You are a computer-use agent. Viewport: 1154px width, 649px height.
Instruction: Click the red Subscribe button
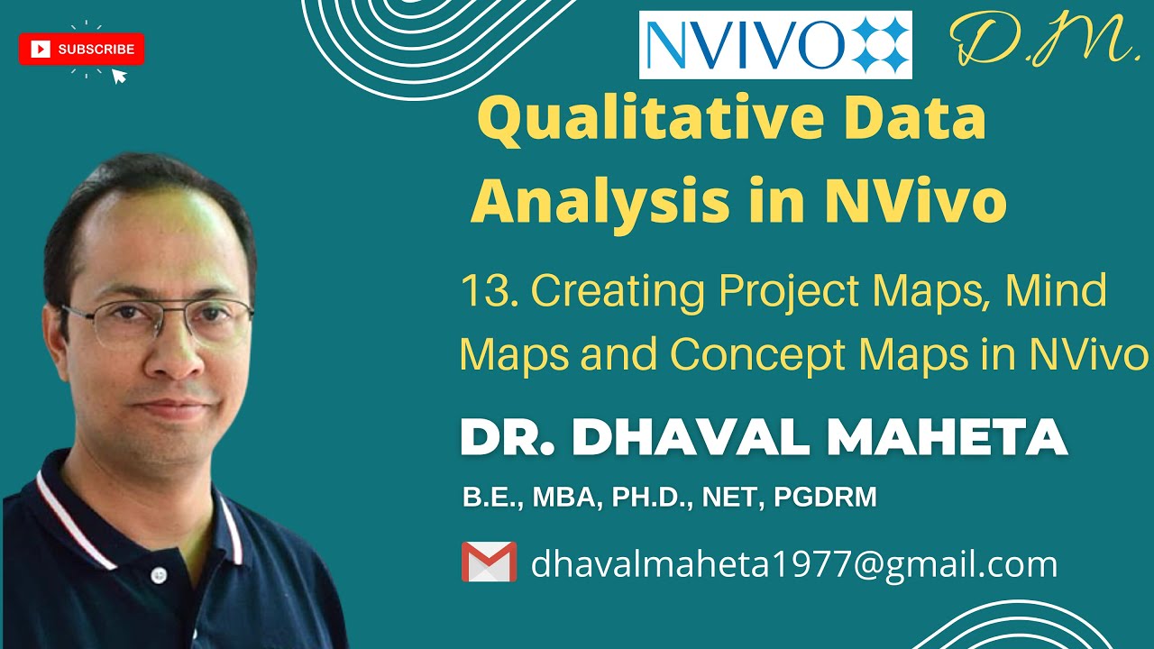(x=81, y=50)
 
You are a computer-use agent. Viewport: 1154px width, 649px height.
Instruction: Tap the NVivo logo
(x=774, y=45)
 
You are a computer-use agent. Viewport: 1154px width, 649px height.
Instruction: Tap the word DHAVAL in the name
(x=693, y=438)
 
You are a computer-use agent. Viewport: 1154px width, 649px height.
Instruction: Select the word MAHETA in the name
(x=947, y=438)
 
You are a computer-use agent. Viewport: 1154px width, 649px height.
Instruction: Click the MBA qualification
(x=563, y=497)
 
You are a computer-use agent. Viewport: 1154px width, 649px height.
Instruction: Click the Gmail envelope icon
(x=489, y=562)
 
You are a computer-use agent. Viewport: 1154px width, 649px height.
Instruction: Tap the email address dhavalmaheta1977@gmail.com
(x=793, y=564)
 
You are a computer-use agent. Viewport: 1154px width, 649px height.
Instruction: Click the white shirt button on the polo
(x=160, y=574)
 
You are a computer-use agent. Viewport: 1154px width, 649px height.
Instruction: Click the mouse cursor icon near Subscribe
(x=118, y=76)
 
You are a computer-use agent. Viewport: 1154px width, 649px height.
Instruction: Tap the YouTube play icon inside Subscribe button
(x=41, y=50)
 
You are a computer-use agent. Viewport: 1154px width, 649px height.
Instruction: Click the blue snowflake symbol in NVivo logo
(x=875, y=45)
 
